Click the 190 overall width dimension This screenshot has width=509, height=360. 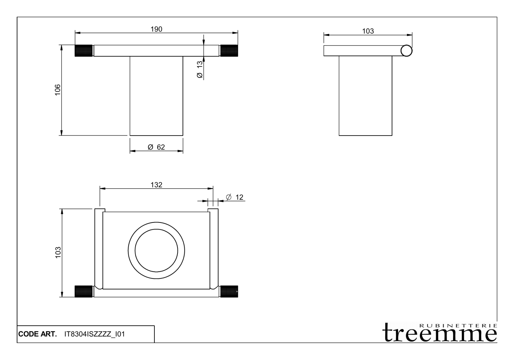tap(156, 29)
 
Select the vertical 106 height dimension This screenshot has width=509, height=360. tap(58, 90)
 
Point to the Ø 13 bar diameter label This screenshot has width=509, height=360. tap(200, 70)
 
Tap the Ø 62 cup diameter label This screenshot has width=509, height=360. tap(156, 147)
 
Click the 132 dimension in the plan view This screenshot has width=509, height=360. tap(156, 185)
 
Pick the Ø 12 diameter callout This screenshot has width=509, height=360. tap(234, 197)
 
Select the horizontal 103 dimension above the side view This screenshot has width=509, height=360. tap(368, 31)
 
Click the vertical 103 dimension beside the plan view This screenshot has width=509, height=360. tap(58, 253)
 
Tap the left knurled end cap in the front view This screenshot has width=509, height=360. tap(84, 51)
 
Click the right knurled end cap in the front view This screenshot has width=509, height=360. tap(229, 51)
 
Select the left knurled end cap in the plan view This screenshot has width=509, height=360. tap(84, 291)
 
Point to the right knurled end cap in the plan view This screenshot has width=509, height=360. tap(229, 291)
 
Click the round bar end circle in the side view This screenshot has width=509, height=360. tap(406, 51)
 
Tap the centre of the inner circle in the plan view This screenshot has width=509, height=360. tap(156, 250)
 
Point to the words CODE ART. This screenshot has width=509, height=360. tap(37, 334)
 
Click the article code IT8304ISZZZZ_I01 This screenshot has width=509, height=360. tap(94, 334)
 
